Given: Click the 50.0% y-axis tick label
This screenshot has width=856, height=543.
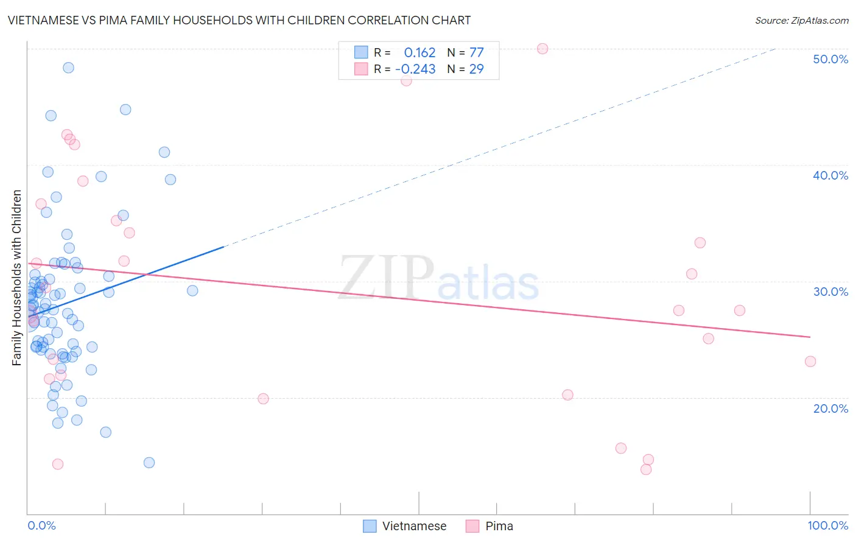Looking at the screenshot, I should click(x=830, y=59).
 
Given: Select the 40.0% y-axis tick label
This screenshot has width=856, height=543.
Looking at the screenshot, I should click(x=830, y=175).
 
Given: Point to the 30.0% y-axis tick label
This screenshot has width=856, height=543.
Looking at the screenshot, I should click(x=830, y=292).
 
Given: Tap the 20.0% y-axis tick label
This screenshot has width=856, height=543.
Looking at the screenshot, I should click(x=830, y=408).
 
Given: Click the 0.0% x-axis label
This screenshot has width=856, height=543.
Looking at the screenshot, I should click(x=41, y=525).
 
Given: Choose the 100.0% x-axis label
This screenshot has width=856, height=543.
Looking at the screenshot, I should click(x=827, y=525).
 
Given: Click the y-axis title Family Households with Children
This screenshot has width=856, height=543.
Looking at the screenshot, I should click(x=17, y=278).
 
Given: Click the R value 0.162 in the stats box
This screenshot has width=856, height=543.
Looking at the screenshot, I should click(x=419, y=52).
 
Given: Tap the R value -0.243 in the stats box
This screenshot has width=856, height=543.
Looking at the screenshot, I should click(x=415, y=69).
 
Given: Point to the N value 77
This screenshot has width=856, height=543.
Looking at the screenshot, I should click(x=476, y=52).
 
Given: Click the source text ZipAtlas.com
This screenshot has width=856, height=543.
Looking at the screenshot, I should click(x=801, y=21).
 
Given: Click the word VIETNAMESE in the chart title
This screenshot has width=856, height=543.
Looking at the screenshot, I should click(x=43, y=21).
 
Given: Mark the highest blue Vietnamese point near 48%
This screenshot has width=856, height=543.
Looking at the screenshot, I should click(x=68, y=68).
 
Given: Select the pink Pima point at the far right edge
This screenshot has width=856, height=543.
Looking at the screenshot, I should click(x=810, y=362).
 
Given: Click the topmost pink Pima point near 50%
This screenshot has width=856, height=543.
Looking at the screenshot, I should click(x=542, y=49).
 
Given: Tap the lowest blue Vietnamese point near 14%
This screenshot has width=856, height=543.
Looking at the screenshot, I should click(x=149, y=463).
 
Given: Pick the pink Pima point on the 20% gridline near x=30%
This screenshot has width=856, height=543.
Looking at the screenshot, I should click(x=263, y=399).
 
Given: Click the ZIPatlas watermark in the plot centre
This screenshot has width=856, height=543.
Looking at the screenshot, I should click(x=438, y=279).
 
